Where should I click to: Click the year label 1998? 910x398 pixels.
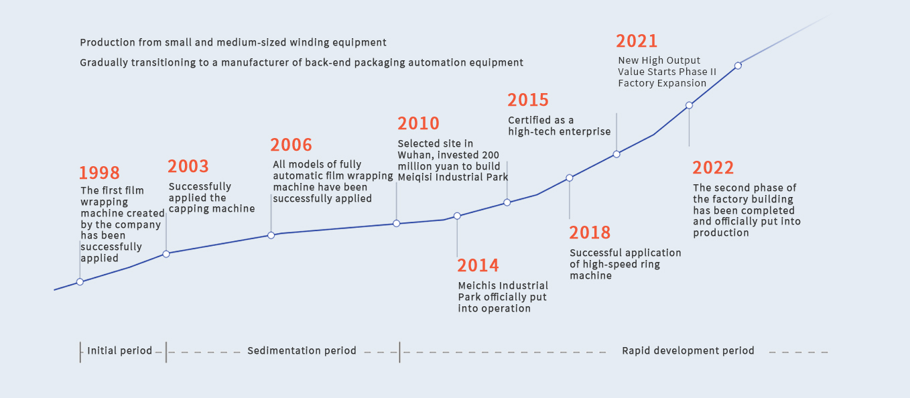[x=99, y=173]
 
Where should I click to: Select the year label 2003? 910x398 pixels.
[x=188, y=166]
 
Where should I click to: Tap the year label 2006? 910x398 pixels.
[x=291, y=145]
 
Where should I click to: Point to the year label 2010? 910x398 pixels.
[x=419, y=123]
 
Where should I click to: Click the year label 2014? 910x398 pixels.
[x=478, y=265]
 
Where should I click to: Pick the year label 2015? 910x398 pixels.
[x=528, y=100]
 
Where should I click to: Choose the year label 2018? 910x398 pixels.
[x=590, y=233]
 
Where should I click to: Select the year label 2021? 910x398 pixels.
[x=637, y=41]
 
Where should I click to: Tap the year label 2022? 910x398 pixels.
[x=713, y=168]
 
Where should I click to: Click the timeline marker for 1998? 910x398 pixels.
[x=80, y=282]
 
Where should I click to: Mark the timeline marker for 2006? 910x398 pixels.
[x=271, y=235]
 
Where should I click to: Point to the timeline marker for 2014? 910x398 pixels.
[x=457, y=216]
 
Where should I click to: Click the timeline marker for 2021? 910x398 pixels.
[x=738, y=66]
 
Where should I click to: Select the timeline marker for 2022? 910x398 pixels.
[x=689, y=105]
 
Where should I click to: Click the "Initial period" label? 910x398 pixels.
[x=120, y=350]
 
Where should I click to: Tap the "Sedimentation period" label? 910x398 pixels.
[x=302, y=350]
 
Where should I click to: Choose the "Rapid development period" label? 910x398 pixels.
[x=688, y=350]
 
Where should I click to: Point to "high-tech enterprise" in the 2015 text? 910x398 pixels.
[x=560, y=131]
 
